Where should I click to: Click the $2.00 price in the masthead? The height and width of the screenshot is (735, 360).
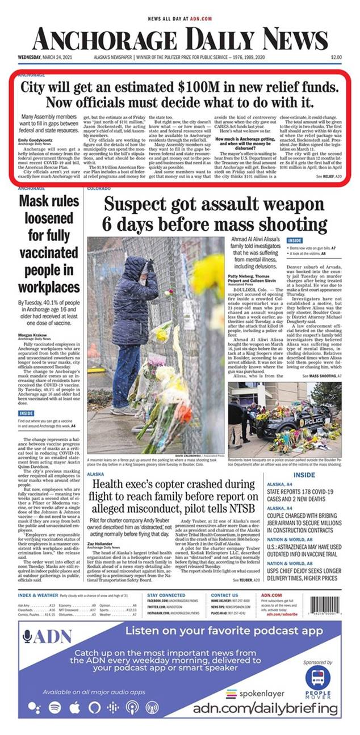pos(336,57)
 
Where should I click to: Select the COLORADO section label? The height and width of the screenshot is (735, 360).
pos(99,188)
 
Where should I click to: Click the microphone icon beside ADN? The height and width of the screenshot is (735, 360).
pos(28,637)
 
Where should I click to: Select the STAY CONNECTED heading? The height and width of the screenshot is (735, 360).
pos(166,595)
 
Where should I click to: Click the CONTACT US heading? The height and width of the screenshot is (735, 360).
pos(225,595)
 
